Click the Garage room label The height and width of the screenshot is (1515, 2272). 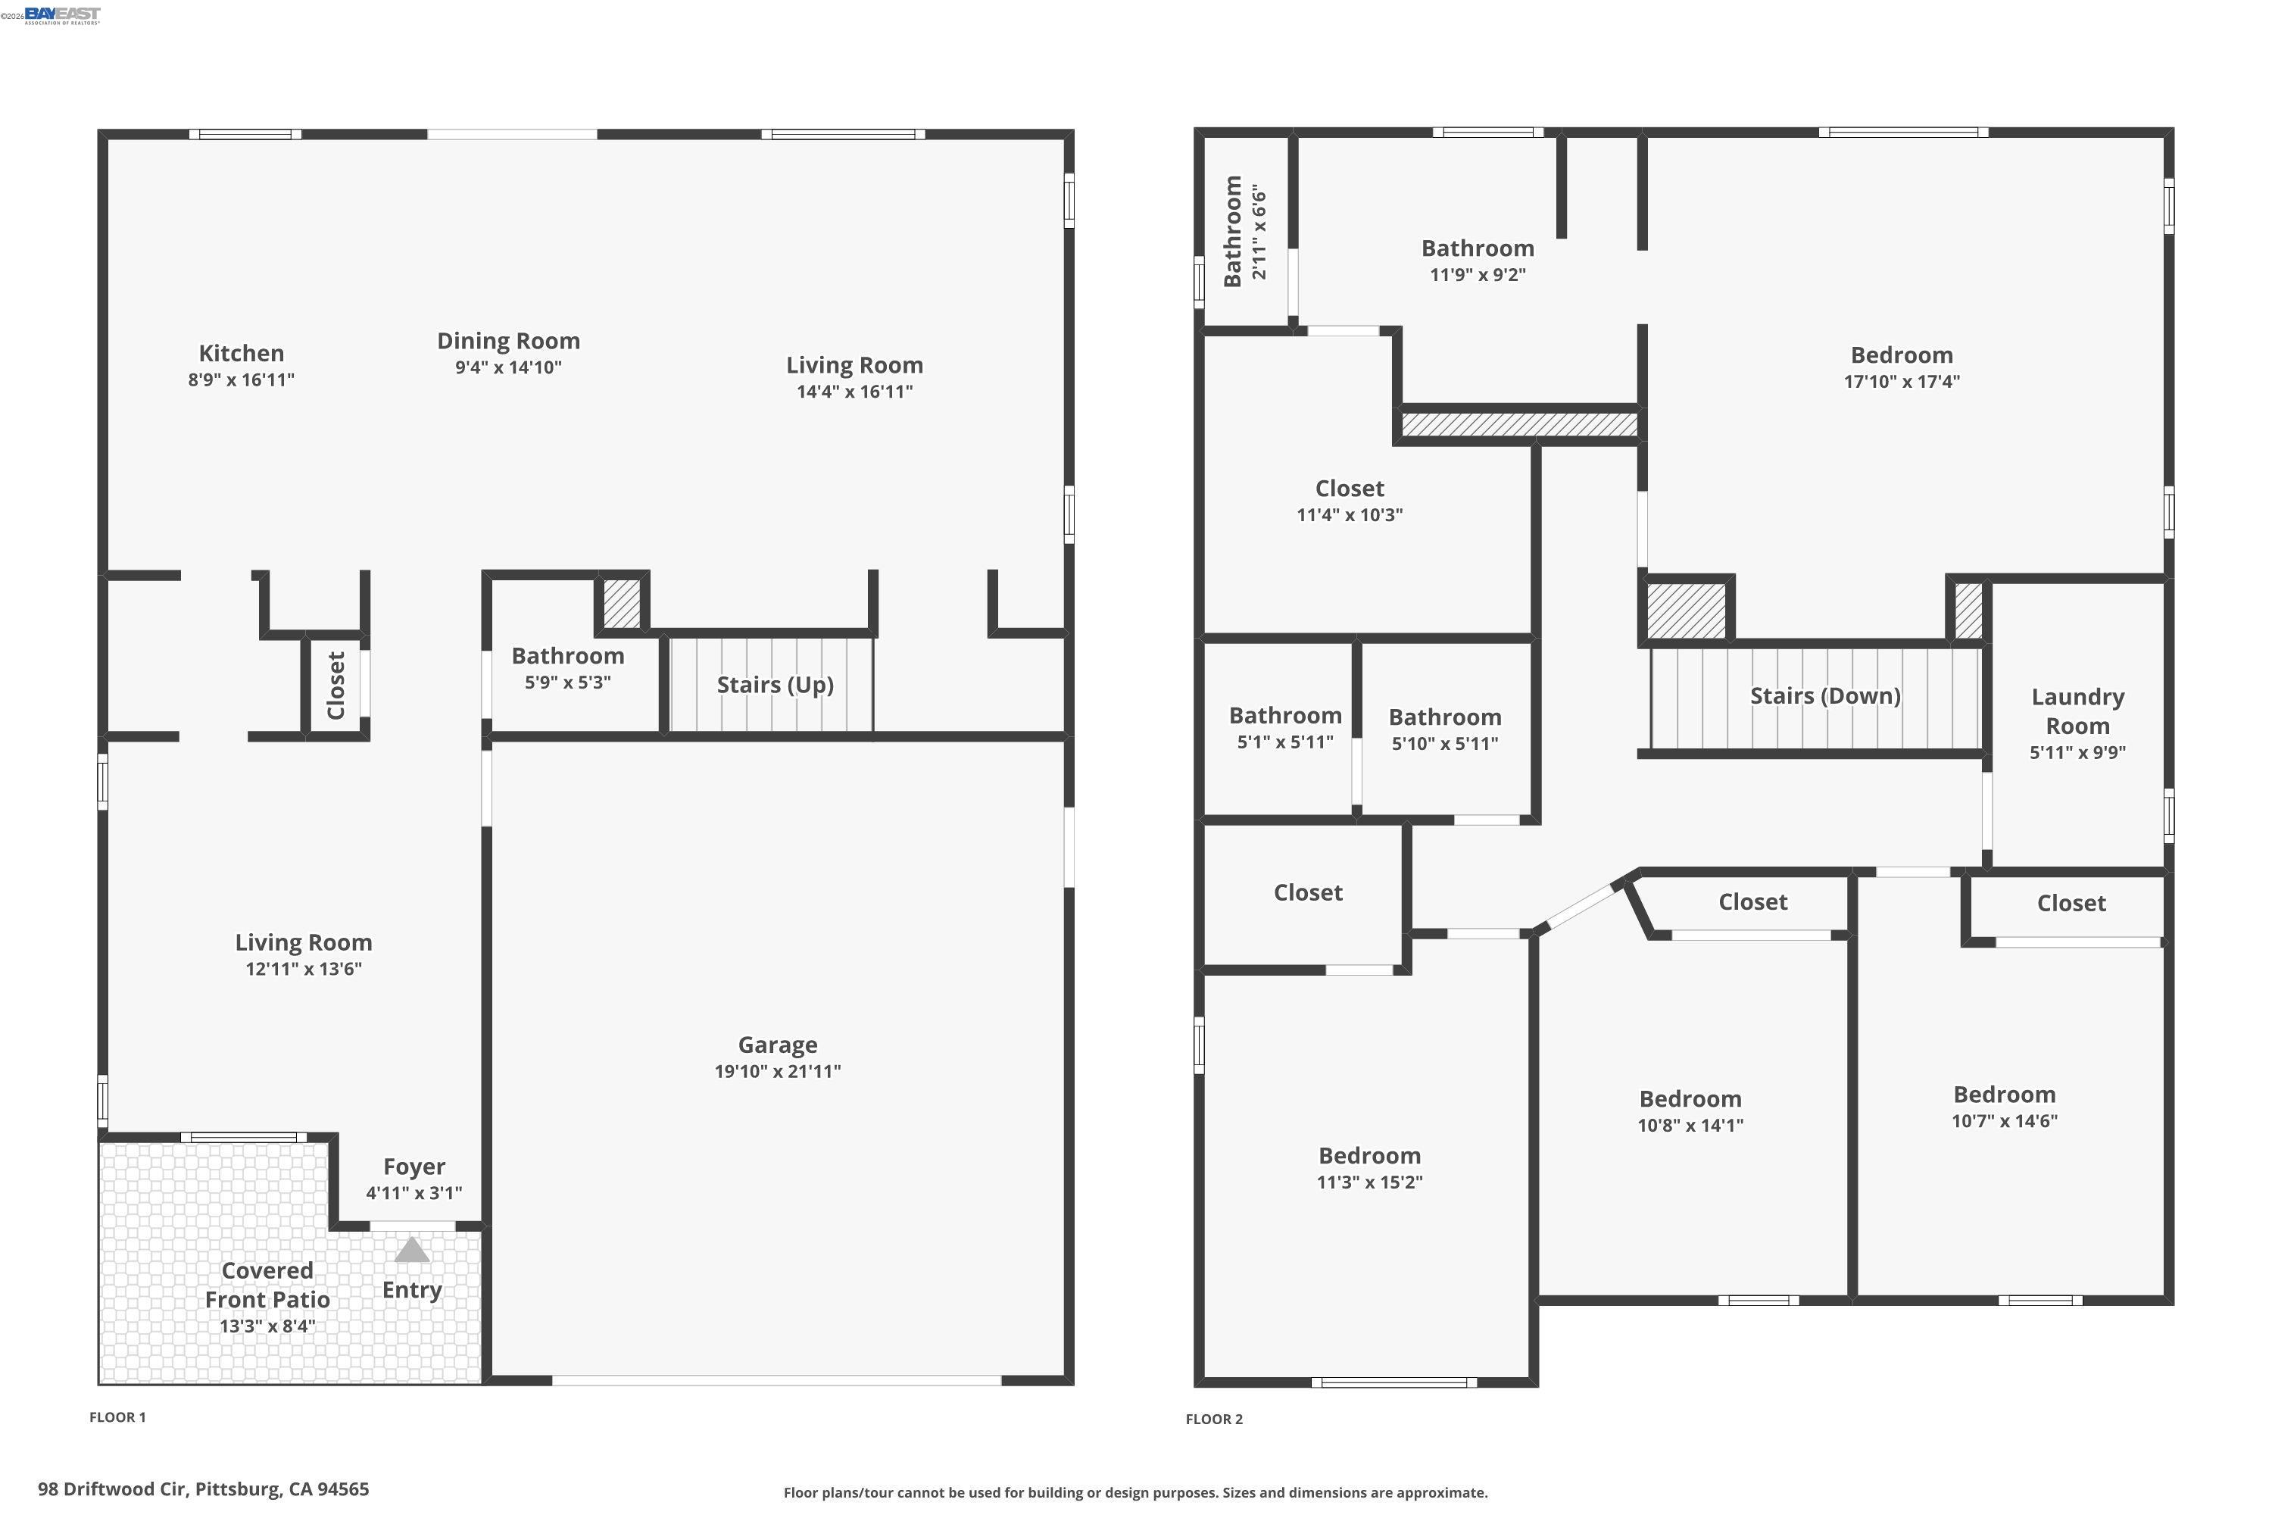(x=778, y=1045)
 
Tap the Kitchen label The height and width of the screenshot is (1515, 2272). (x=242, y=354)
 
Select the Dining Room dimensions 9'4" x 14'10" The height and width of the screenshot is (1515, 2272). (x=508, y=367)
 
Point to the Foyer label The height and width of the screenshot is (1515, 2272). (x=414, y=1167)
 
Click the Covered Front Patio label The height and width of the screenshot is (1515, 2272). (x=267, y=1285)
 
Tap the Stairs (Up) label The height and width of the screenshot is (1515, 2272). (x=775, y=685)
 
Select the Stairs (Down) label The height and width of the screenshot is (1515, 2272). (x=1824, y=695)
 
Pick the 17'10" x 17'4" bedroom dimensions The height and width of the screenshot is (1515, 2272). (x=1901, y=382)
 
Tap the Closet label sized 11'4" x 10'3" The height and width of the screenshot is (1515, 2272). (x=1350, y=489)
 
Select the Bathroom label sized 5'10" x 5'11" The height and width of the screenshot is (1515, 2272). (x=1444, y=717)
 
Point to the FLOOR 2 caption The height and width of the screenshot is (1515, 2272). (x=1214, y=1418)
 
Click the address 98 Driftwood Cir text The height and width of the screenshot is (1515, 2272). (x=203, y=1489)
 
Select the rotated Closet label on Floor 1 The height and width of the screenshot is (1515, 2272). (x=336, y=685)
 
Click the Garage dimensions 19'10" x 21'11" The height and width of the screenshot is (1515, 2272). (x=778, y=1070)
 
